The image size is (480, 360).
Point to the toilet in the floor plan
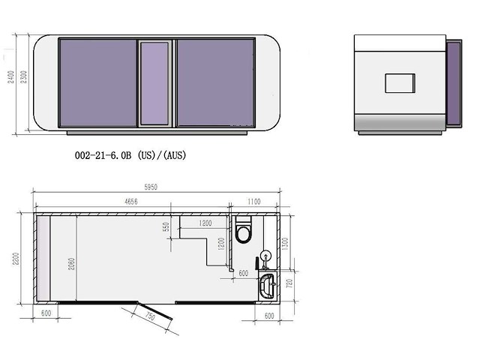[244, 231]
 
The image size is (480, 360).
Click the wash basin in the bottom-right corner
[266, 286]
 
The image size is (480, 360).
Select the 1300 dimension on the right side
[284, 238]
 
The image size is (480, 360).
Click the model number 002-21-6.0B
[103, 155]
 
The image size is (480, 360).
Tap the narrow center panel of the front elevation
[155, 84]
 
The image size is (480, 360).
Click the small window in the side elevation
[400, 82]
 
